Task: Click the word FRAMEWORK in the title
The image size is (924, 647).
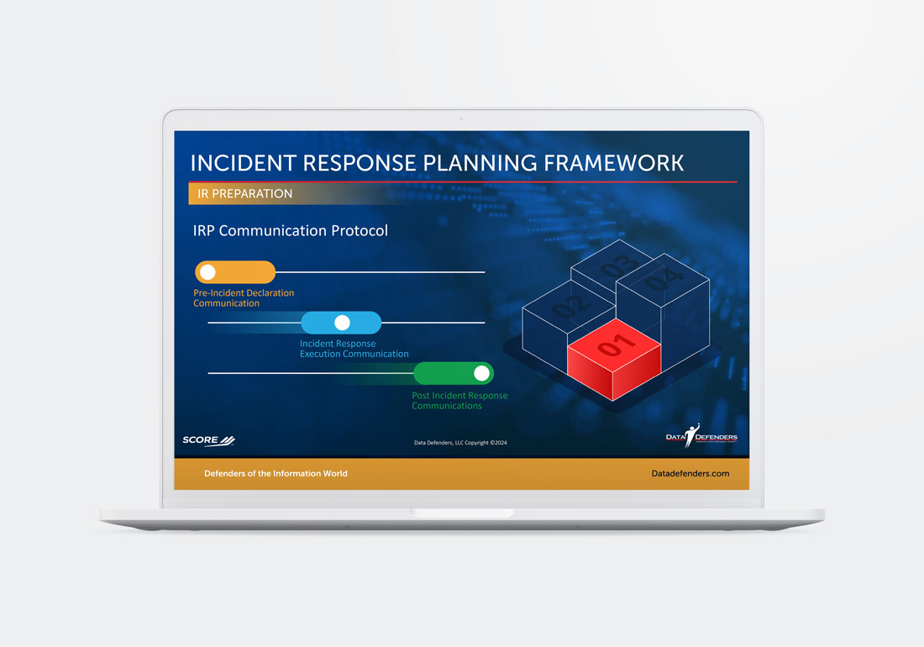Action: coord(613,163)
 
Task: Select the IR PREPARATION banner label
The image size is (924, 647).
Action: coord(245,194)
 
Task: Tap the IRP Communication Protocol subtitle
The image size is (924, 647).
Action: coord(291,230)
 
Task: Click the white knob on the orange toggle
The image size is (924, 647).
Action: coord(207,272)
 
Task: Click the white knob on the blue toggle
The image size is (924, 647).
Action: coord(343,323)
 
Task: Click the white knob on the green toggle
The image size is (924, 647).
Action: coord(481,373)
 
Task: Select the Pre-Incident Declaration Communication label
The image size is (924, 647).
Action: coord(244,298)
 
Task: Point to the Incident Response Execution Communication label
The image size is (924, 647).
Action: coord(354,349)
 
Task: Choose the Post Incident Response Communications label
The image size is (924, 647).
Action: coord(459,401)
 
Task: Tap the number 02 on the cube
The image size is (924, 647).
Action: coord(570,304)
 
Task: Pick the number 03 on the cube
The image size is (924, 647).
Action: coord(619,266)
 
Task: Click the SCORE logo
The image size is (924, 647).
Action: coord(208,441)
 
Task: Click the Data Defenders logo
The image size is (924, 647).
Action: coord(701,436)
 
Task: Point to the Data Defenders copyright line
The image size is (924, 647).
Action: coord(460,443)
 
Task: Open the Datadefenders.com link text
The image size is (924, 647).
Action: coord(690,474)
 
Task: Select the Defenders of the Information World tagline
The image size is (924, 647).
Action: coord(276,474)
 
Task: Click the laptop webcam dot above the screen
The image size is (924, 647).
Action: coord(461,118)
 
